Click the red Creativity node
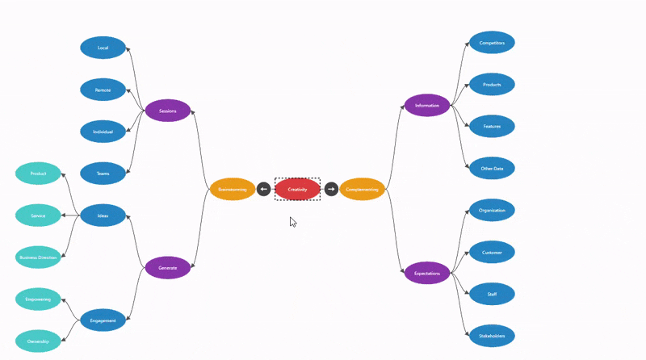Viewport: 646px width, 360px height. pyautogui.click(x=297, y=190)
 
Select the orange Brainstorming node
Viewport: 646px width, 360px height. pyautogui.click(x=233, y=190)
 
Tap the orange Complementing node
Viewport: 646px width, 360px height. pyautogui.click(x=362, y=190)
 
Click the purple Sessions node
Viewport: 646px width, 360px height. pyautogui.click(x=168, y=111)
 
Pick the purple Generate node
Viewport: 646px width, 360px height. pyautogui.click(x=168, y=267)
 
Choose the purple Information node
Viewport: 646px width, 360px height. pyautogui.click(x=427, y=106)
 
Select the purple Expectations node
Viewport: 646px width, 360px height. pyautogui.click(x=427, y=273)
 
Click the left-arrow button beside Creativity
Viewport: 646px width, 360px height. pyautogui.click(x=263, y=190)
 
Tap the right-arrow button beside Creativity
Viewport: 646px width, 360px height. pyautogui.click(x=331, y=190)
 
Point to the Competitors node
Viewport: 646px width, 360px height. pyautogui.click(x=492, y=42)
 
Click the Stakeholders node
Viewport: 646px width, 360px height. pyautogui.click(x=492, y=336)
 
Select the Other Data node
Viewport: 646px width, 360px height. pyautogui.click(x=492, y=169)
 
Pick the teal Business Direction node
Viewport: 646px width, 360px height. pyautogui.click(x=38, y=257)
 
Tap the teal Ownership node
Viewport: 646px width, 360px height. pyautogui.click(x=38, y=341)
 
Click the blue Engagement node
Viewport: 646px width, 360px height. pyautogui.click(x=103, y=320)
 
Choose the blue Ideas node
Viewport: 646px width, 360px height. pyautogui.click(x=103, y=216)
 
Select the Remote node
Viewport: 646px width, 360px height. pyautogui.click(x=103, y=90)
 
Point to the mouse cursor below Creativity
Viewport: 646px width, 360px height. pyautogui.click(x=293, y=221)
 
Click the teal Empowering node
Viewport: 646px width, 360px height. pyautogui.click(x=38, y=299)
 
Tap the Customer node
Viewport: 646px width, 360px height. pyautogui.click(x=492, y=253)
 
